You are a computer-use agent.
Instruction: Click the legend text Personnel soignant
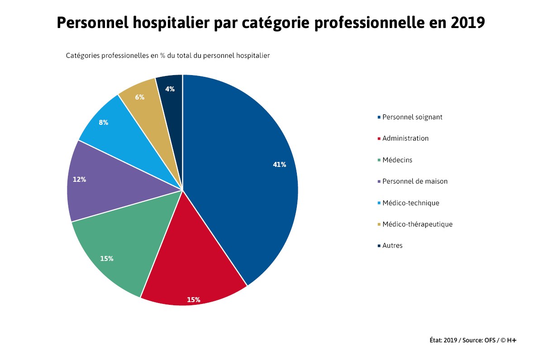click(412, 117)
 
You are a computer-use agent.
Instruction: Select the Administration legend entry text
click(405, 138)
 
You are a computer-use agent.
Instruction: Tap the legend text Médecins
click(397, 160)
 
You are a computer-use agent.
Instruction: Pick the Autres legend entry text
click(392, 246)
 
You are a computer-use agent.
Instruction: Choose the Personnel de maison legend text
click(415, 181)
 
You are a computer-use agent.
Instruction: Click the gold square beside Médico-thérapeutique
click(379, 224)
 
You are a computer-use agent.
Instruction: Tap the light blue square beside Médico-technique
click(379, 203)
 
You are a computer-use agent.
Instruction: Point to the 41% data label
click(279, 165)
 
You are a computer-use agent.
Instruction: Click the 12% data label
click(79, 180)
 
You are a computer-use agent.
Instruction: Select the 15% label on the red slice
click(194, 299)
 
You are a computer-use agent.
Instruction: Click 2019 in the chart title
click(468, 23)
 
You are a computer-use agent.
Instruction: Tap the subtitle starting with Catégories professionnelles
click(168, 56)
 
